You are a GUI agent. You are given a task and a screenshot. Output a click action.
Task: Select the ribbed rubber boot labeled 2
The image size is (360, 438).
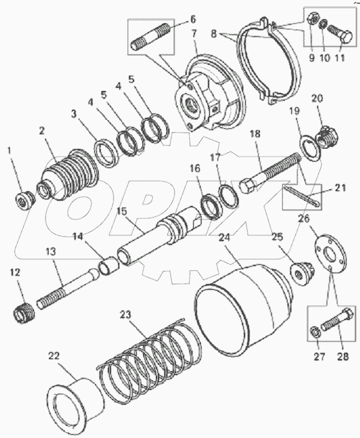click(x=69, y=176)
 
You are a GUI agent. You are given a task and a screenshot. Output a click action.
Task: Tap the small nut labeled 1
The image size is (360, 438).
click(x=24, y=201)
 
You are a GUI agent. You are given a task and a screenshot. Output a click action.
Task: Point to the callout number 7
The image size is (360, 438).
click(x=194, y=33)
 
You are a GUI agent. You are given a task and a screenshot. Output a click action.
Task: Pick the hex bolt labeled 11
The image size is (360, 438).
click(x=338, y=35)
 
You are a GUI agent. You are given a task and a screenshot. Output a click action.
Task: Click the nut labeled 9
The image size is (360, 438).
click(x=313, y=22)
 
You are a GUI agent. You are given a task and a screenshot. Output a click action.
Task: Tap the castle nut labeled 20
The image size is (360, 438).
click(x=327, y=137)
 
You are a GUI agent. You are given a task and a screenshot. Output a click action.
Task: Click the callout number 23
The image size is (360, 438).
click(x=126, y=314)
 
